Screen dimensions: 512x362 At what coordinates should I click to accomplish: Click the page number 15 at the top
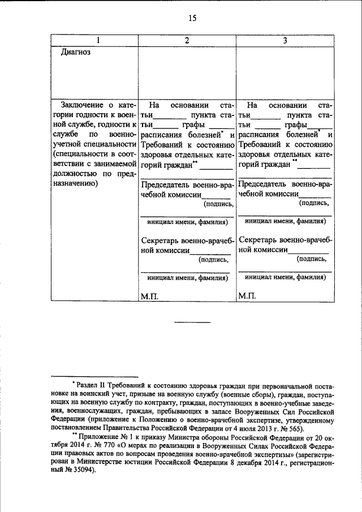[x=192, y=18]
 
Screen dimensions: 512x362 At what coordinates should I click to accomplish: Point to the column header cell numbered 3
[x=285, y=40]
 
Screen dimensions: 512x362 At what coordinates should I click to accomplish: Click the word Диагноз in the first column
[x=76, y=52]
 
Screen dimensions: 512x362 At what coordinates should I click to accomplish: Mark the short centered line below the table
[x=192, y=322]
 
